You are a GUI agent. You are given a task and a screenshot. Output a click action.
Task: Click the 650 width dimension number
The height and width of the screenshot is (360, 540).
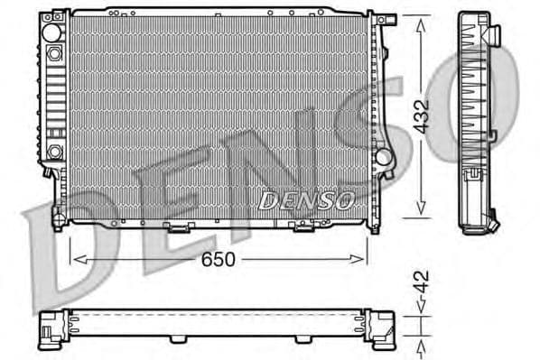218,259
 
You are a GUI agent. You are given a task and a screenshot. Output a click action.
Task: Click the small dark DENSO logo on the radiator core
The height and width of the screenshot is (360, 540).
305,201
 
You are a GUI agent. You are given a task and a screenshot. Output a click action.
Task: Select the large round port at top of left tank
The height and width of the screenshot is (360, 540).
54,33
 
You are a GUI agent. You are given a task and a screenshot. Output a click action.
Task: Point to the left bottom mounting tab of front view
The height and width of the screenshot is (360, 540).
60,217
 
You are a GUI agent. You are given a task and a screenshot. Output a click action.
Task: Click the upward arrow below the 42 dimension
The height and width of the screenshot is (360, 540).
422,346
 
